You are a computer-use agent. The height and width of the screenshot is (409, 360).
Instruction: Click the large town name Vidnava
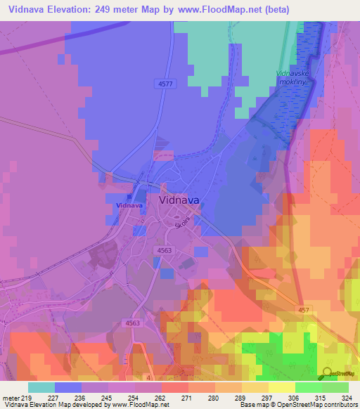click(x=179, y=200)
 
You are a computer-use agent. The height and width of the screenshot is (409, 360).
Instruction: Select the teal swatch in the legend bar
click(x=41, y=387)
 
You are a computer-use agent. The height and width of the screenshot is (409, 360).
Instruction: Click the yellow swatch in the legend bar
click(x=281, y=387)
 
